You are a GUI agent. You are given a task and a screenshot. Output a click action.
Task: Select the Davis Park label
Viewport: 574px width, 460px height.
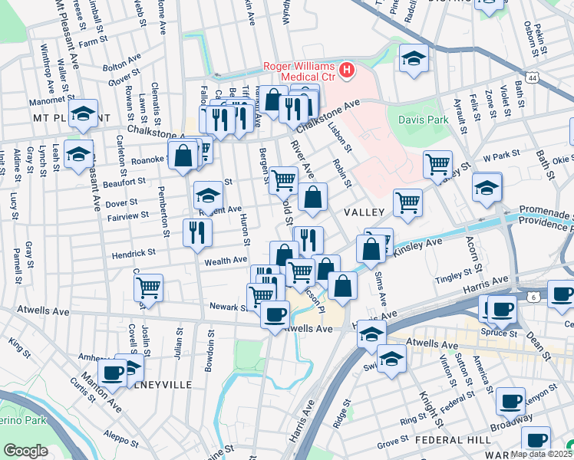pos(422,120)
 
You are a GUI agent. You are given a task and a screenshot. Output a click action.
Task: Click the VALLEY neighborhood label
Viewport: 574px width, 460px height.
pos(365,211)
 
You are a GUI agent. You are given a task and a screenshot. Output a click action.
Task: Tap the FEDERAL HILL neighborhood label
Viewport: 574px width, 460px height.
pos(447,441)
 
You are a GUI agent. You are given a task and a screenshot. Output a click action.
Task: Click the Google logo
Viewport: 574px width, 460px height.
pos(25,451)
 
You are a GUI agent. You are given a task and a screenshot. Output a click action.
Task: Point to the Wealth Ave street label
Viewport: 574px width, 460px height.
pos(226,261)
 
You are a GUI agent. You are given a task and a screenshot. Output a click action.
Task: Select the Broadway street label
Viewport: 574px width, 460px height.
pos(512,422)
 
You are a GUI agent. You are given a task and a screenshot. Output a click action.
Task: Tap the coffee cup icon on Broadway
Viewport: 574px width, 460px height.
pos(510,400)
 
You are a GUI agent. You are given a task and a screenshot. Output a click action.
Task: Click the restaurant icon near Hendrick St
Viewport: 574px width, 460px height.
pos(197,232)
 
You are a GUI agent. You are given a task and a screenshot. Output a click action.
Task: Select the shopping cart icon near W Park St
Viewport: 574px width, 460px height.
pos(437,164)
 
